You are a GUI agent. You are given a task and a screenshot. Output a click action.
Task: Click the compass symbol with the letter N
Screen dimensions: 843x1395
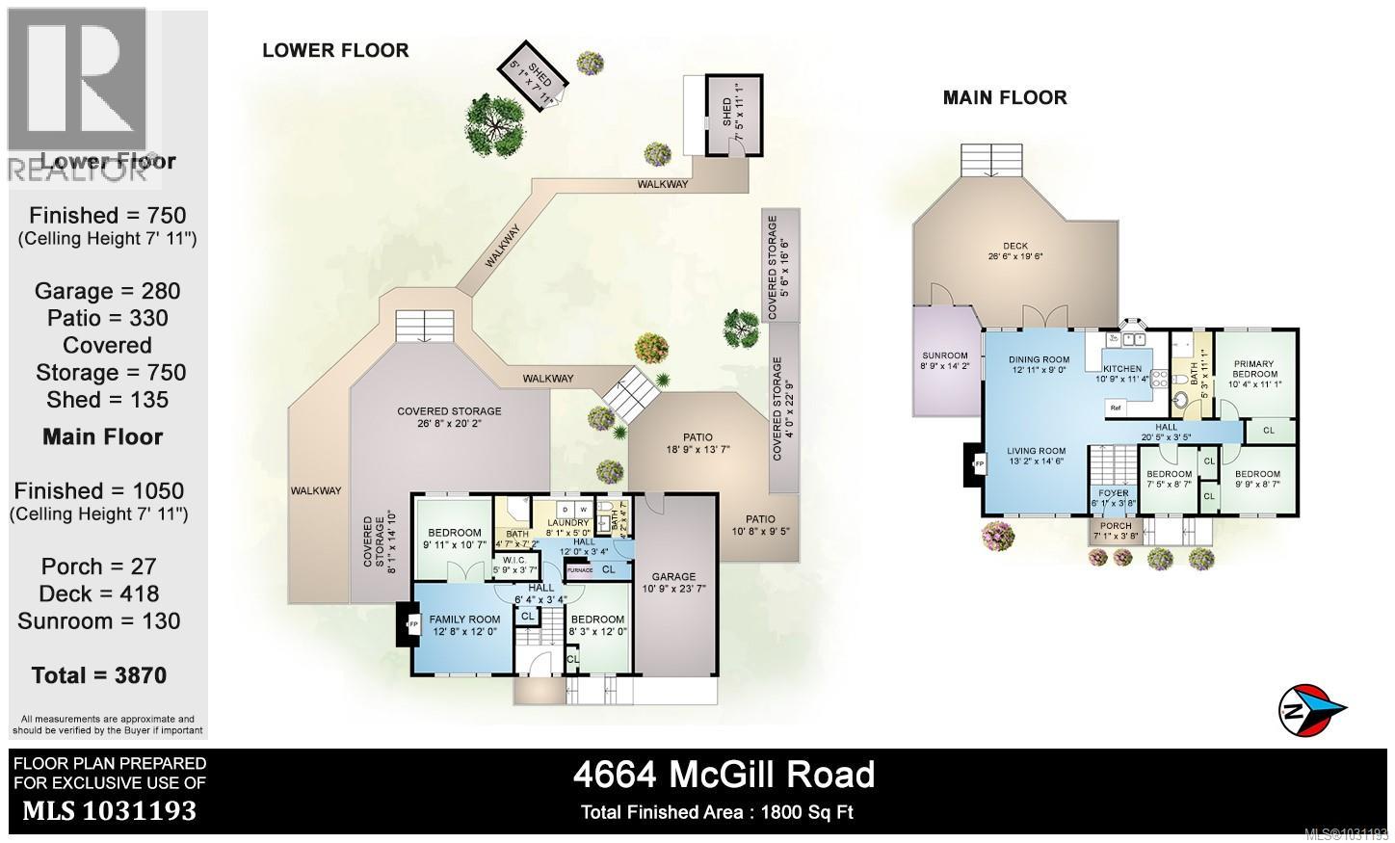pos(1311,712)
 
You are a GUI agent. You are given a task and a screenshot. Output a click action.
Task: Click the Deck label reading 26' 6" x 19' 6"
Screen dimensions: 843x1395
pos(1015,250)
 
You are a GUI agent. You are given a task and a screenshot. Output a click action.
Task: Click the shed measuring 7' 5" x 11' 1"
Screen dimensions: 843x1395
pos(734,113)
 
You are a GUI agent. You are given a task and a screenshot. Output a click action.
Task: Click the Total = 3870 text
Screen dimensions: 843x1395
pos(99,675)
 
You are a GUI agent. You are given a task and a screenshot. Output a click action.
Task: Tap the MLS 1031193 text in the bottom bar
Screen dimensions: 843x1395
pos(109,811)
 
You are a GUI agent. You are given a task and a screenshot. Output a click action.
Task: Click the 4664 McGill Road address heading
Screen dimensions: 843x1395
pos(724,774)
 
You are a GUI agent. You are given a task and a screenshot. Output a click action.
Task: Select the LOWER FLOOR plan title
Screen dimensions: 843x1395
pos(335,50)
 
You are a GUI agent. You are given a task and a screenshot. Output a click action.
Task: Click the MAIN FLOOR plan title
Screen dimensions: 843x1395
pos(1005,97)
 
